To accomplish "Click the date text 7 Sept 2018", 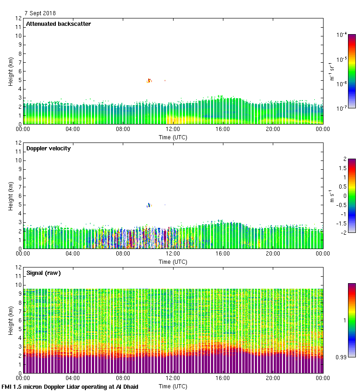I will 40,13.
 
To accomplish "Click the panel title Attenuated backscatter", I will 58,24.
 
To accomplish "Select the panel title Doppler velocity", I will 48,148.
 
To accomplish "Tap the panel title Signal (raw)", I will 43,273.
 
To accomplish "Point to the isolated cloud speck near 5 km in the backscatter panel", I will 149,81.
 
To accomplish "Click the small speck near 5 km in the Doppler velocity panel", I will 149,205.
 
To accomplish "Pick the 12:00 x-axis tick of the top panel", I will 173,129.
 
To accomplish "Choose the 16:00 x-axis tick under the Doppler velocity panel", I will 223,254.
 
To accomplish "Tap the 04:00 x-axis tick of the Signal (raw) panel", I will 73,378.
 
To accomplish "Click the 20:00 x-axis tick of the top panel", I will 273,129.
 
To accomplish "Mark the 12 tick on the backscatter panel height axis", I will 18,19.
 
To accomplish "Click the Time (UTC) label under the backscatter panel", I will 173,137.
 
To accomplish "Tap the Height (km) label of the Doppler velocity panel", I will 10,196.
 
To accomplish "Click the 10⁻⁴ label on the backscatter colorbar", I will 342,35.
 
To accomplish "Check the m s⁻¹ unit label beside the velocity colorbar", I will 331,196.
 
